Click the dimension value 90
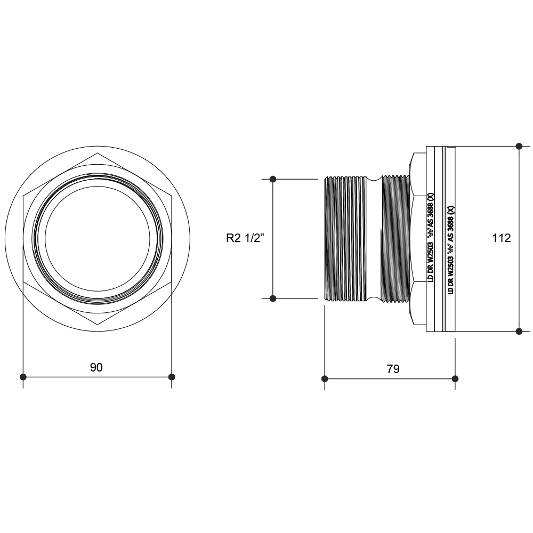[x=96, y=367]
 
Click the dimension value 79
[x=393, y=369]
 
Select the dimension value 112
[x=502, y=238]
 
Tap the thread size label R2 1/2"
[x=245, y=238]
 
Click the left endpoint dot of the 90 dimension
[x=23, y=377]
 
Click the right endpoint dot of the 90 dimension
[x=172, y=377]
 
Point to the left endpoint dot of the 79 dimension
[x=325, y=378]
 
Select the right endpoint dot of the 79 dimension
[x=456, y=378]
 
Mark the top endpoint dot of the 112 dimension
[x=519, y=146]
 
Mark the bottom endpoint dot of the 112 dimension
[x=519, y=331]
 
